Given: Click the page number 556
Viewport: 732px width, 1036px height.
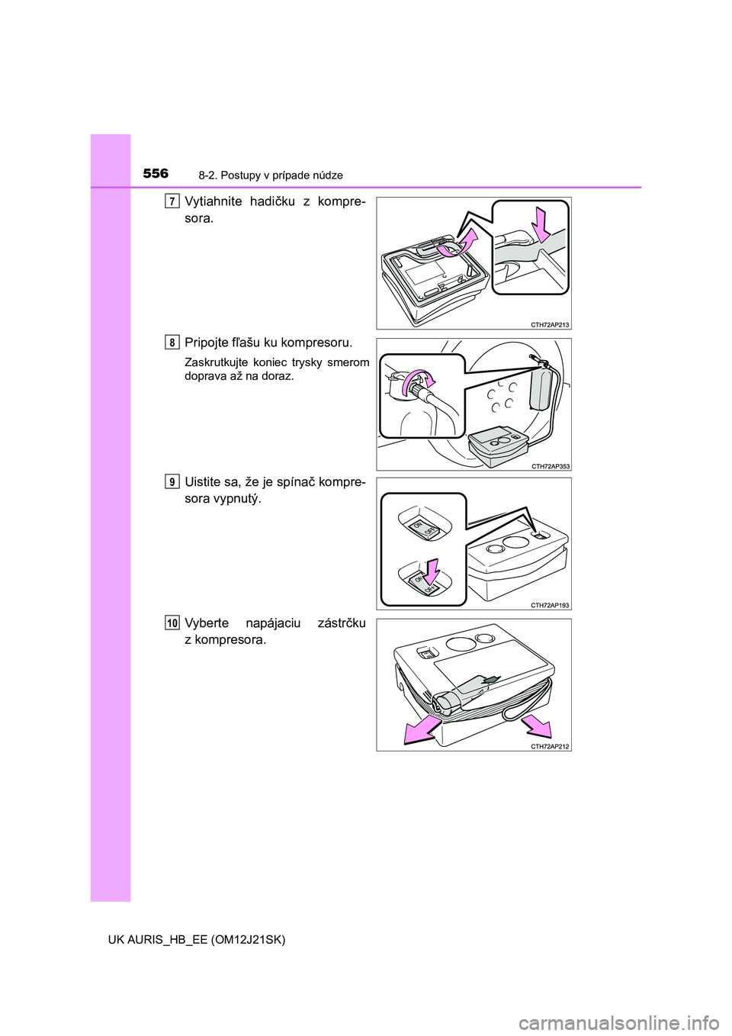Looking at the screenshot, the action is pyautogui.click(x=156, y=174).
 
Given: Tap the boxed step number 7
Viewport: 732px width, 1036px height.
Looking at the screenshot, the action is pyautogui.click(x=172, y=201).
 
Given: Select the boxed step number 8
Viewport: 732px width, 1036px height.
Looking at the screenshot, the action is pyautogui.click(x=172, y=343).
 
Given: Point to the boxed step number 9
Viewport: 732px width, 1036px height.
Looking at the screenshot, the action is pyautogui.click(x=172, y=482).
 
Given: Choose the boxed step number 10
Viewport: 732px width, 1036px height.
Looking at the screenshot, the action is pyautogui.click(x=172, y=624).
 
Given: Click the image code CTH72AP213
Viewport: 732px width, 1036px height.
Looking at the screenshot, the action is pyautogui.click(x=551, y=325).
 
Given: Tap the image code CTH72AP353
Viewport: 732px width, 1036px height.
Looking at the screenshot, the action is pyautogui.click(x=551, y=466).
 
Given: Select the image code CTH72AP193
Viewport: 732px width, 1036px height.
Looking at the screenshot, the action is pyautogui.click(x=551, y=605).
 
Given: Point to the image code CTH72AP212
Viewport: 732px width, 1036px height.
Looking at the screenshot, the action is pyautogui.click(x=551, y=746).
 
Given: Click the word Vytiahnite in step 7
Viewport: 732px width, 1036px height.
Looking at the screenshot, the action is pyautogui.click(x=212, y=202).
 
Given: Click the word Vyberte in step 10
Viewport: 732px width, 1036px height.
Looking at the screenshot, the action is pyautogui.click(x=206, y=624).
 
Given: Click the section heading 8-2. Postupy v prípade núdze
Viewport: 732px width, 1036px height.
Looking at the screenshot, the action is pyautogui.click(x=271, y=175).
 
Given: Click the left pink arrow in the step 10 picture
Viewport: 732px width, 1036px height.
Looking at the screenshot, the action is pyautogui.click(x=421, y=730).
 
